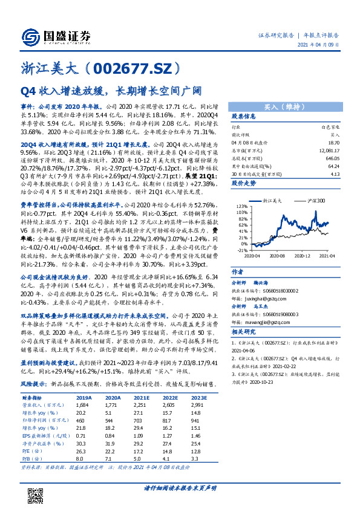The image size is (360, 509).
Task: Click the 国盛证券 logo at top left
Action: coord(55,36)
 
